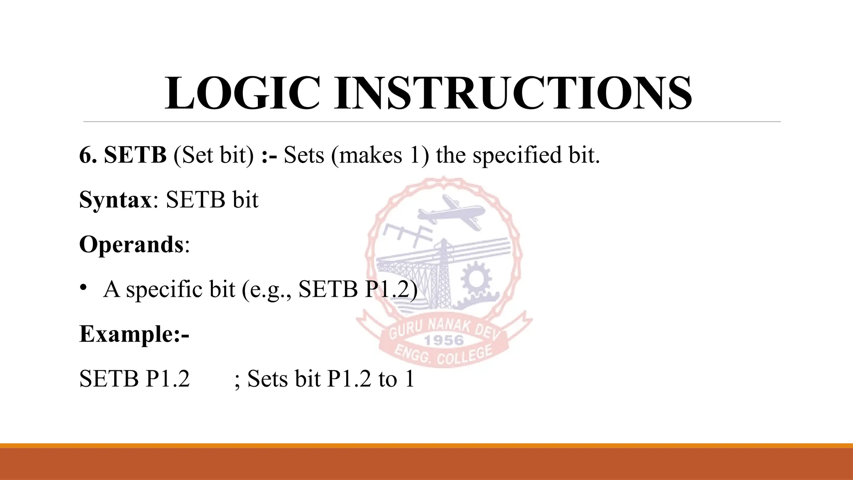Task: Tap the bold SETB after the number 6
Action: [135, 155]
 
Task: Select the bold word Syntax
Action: [115, 200]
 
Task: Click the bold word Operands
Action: [131, 245]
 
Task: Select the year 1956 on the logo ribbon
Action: [444, 340]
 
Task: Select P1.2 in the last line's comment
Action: [349, 379]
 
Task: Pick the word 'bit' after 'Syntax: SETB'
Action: [245, 200]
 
